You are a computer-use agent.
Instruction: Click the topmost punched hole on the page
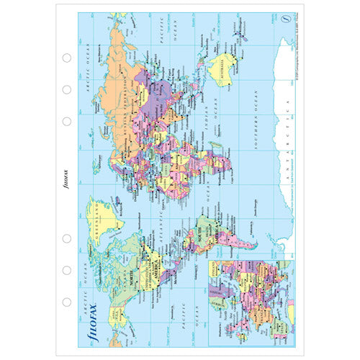(x=66, y=58)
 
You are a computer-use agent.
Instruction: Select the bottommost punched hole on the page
(x=66, y=302)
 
